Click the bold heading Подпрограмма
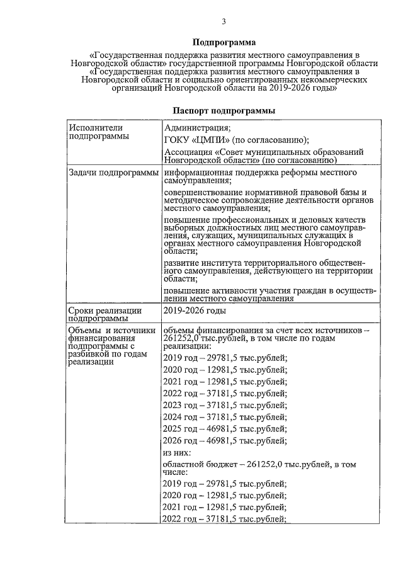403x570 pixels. [224, 43]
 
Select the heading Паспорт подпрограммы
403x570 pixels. [224, 110]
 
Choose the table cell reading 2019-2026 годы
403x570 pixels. [193, 311]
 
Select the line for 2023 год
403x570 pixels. [225, 404]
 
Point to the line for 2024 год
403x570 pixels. [225, 416]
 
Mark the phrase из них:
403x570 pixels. [178, 452]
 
